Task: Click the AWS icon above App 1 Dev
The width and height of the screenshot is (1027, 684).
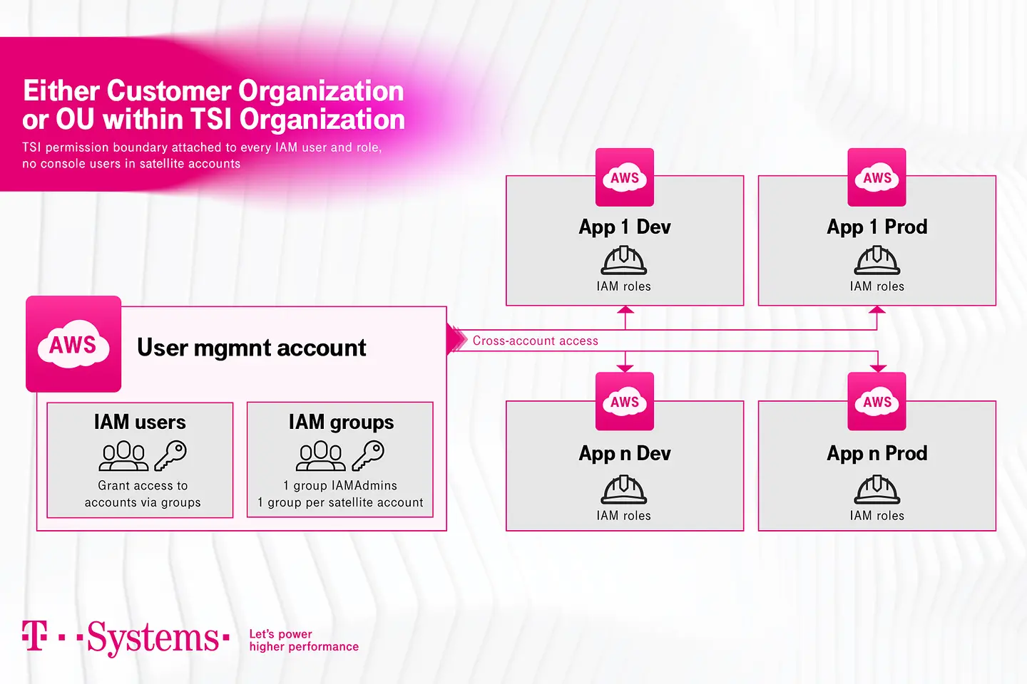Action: [x=625, y=177]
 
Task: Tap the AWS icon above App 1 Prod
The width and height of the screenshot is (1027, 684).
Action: [x=877, y=177]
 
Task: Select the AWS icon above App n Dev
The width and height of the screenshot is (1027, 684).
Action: [x=625, y=401]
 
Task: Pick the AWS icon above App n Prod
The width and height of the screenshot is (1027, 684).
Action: [x=877, y=401]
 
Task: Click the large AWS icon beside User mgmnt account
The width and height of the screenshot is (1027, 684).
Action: [x=73, y=344]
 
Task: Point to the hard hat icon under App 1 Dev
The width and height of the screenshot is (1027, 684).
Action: [x=624, y=260]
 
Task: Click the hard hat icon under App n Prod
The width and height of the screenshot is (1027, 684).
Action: [x=877, y=489]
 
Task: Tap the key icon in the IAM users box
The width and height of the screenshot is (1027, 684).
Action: [x=170, y=455]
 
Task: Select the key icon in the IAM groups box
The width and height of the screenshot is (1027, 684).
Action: [x=368, y=455]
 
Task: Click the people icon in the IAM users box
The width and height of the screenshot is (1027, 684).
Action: [x=124, y=456]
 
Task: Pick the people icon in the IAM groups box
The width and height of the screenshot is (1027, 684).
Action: [x=321, y=456]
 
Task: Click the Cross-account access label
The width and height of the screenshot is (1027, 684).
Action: [x=535, y=341]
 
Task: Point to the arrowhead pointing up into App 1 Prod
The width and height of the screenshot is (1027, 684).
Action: [x=877, y=310]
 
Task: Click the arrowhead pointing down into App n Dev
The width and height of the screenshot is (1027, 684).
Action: [x=625, y=368]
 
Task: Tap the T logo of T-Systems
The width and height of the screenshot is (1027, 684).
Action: [x=34, y=636]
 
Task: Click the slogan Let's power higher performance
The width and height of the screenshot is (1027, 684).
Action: [x=303, y=640]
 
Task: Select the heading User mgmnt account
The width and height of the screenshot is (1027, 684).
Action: [x=251, y=348]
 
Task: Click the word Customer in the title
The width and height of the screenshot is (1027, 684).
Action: [x=169, y=91]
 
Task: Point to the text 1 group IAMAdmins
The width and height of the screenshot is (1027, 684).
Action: [x=340, y=485]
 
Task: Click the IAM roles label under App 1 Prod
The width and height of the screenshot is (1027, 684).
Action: [x=877, y=286]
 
